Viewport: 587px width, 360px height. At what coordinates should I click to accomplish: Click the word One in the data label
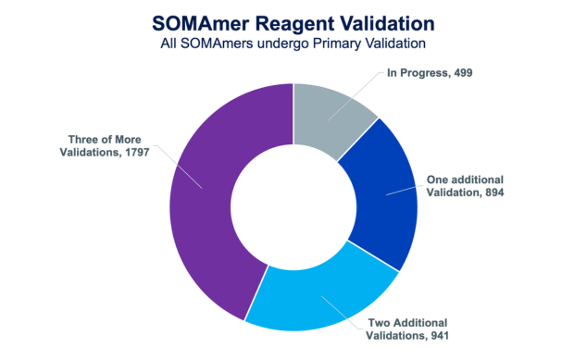[x=439, y=179]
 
